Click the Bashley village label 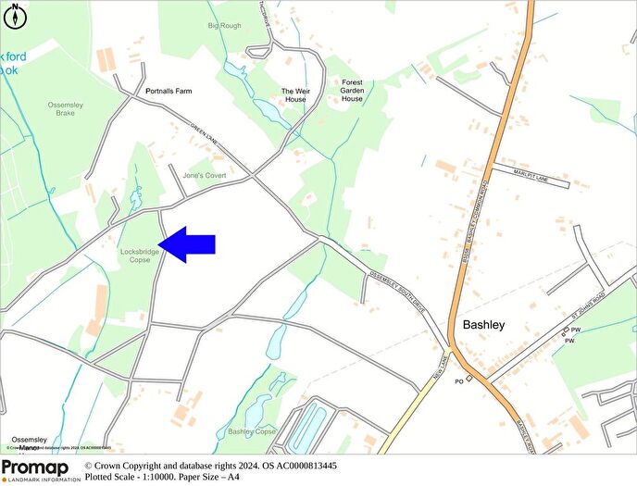[x=483, y=326]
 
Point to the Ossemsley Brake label [x=67, y=108]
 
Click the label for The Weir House [x=299, y=95]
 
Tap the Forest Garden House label [x=352, y=90]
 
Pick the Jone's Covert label [x=205, y=175]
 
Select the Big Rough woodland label [x=224, y=27]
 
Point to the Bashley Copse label [x=252, y=431]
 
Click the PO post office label [x=458, y=380]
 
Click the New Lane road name [x=438, y=363]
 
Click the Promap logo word [x=35, y=467]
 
